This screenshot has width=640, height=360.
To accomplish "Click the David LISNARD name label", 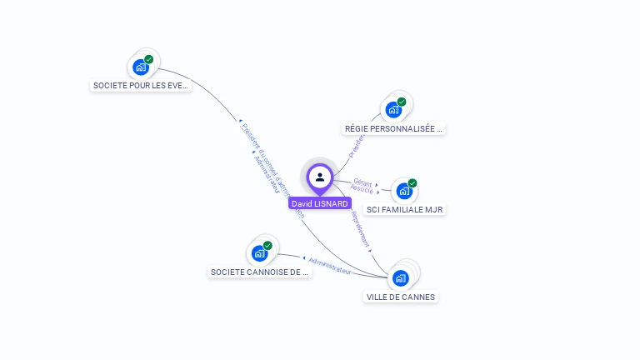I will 320,203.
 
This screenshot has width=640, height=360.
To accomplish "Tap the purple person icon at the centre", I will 320,177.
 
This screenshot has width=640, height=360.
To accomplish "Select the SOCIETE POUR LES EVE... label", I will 141,85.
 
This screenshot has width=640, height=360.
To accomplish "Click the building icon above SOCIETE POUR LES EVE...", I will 141,67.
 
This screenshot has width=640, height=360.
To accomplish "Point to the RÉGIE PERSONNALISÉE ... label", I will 394,129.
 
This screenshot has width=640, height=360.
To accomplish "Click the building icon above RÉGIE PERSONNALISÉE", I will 393,109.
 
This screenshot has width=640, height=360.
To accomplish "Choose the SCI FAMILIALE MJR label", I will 405,210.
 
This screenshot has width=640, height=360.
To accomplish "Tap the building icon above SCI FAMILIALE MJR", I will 404,191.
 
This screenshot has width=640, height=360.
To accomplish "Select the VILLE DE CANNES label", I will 401,297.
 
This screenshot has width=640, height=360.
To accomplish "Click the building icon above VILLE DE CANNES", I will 402,277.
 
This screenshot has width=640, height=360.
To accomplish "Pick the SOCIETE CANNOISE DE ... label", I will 259,272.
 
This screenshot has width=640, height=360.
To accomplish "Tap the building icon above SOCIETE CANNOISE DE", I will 259,252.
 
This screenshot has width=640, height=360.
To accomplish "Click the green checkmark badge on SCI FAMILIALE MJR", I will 412,182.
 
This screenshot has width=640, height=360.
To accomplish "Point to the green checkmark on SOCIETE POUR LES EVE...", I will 149,59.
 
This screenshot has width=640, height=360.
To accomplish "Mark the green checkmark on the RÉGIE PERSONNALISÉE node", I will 402,102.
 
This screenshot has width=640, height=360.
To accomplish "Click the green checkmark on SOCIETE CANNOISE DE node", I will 267,245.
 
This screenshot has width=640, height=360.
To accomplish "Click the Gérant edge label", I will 362,182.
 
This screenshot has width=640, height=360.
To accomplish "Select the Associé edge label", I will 362,189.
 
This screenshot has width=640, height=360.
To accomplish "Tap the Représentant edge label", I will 361,230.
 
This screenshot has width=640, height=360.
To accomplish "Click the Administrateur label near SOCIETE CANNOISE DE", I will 330,265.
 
